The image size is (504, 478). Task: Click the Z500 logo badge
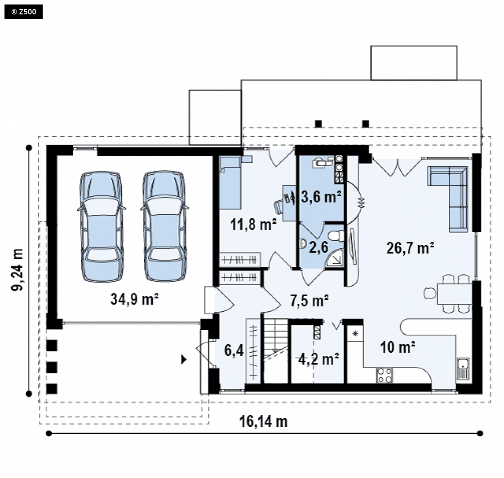(x=23, y=12)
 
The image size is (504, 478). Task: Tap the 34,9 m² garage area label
(x=134, y=299)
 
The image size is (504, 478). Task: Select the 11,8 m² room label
(x=253, y=224)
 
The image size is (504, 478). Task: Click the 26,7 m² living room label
(x=410, y=248)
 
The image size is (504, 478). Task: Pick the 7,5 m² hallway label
(x=309, y=301)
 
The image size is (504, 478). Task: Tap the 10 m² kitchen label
(x=398, y=347)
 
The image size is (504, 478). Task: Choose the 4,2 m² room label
(x=318, y=359)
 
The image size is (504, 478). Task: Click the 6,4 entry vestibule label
(x=234, y=350)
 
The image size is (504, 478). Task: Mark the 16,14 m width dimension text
(x=263, y=421)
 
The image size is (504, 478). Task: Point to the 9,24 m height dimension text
(x=18, y=270)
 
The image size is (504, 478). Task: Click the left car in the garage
(x=101, y=226)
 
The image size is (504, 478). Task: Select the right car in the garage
(x=164, y=226)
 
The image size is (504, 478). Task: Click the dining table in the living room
(x=454, y=293)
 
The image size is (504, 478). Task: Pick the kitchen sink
(x=463, y=368)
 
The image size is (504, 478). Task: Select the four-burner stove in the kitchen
(x=385, y=375)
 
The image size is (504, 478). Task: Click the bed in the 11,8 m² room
(x=230, y=182)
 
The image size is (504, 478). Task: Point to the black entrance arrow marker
(x=184, y=359)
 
